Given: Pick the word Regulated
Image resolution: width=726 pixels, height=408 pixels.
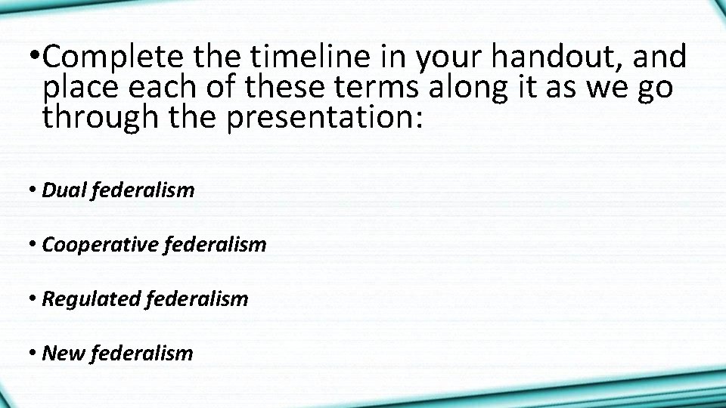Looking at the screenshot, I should click(92, 299).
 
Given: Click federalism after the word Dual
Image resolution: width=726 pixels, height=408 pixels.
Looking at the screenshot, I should click(142, 190).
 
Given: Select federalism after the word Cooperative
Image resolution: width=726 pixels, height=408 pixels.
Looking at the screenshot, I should click(216, 245).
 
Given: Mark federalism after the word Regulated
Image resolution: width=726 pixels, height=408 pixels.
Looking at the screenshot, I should click(197, 299).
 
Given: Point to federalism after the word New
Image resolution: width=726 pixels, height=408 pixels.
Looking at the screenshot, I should click(141, 353).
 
